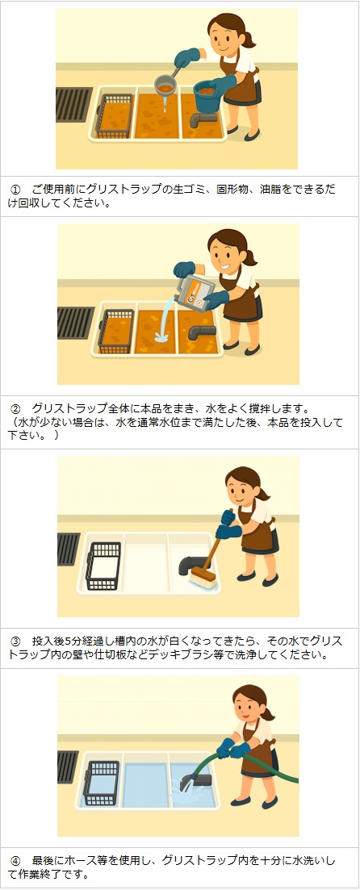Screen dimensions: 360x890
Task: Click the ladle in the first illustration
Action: pos(165,86)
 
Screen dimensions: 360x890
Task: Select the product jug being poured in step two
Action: pos(195,290)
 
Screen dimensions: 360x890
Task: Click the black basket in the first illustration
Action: pos(114,115)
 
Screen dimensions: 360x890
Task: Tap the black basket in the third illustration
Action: pos(103,566)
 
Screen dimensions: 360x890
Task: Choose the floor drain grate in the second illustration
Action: pos(76,323)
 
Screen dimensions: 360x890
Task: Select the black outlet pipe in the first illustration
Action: pos(203,119)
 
